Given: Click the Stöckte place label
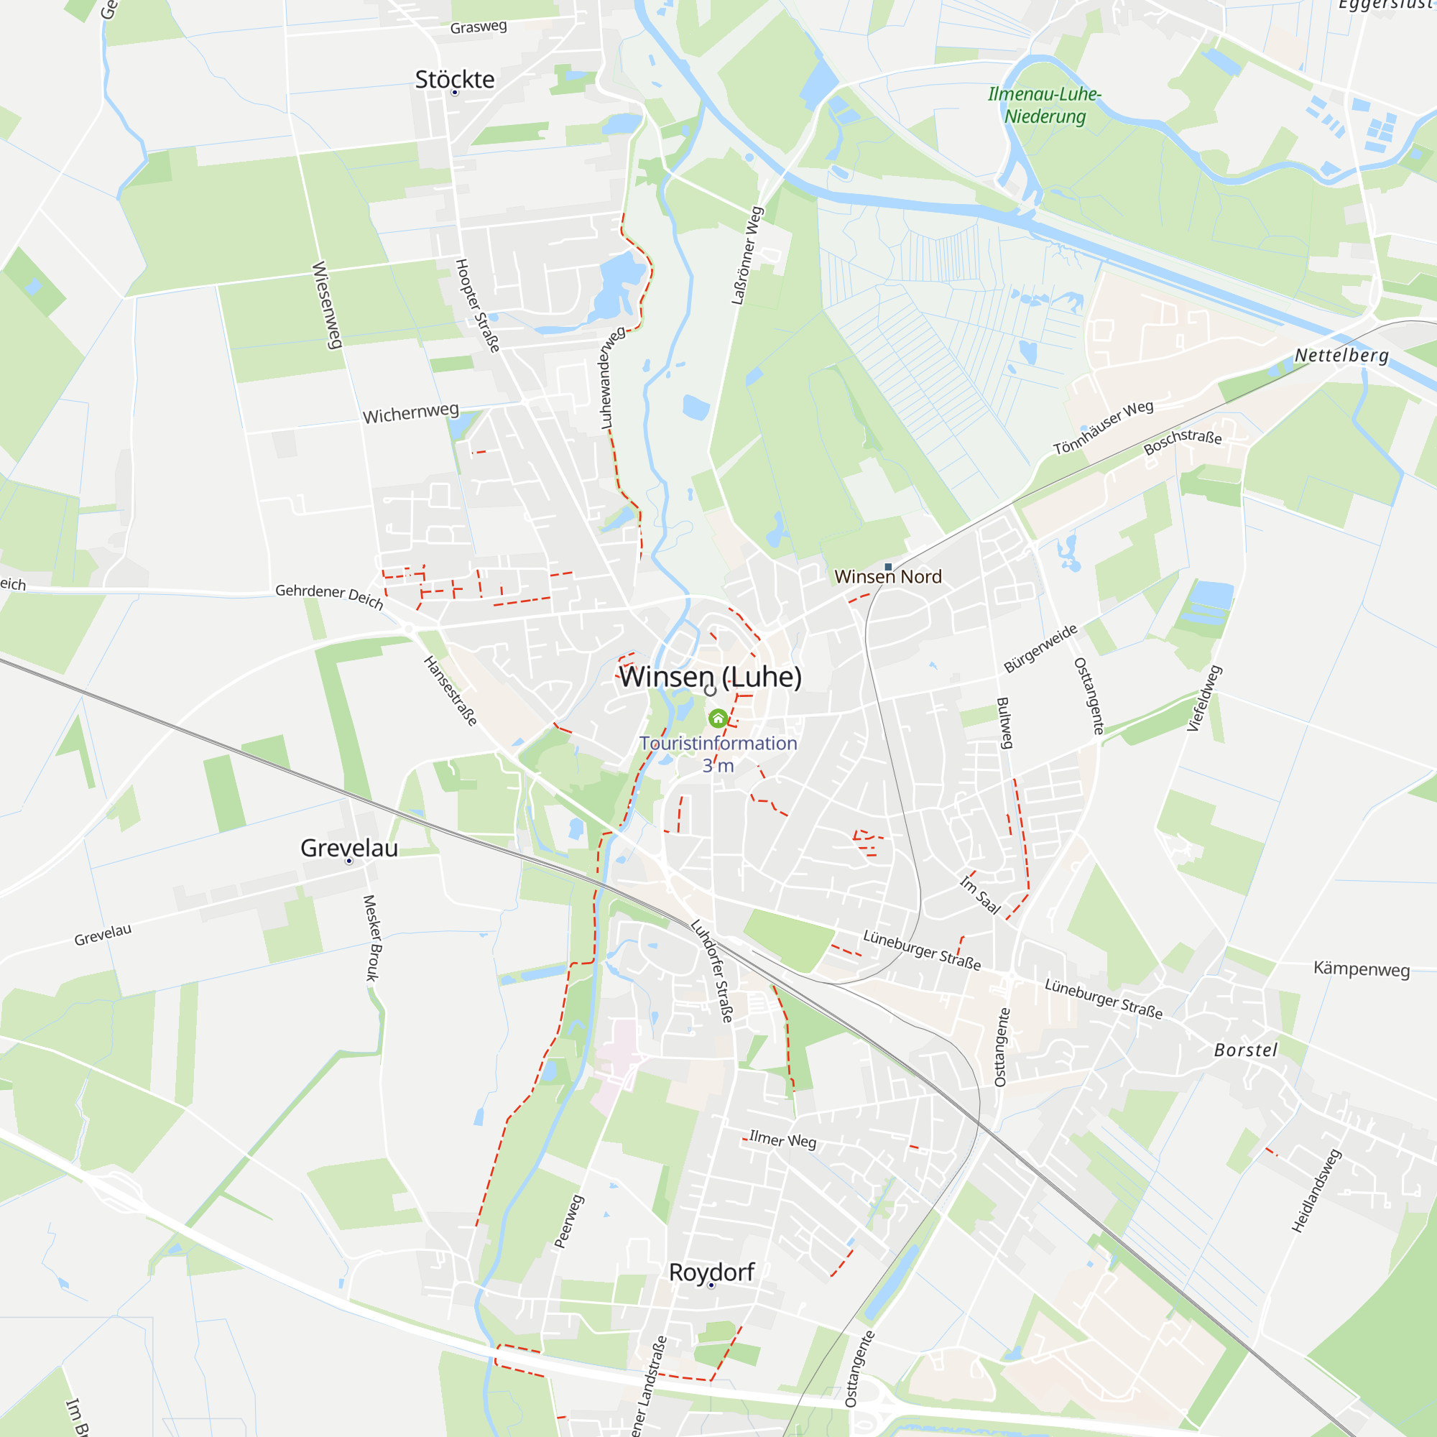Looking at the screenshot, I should click(455, 80).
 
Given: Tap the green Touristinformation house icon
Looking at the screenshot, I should click(718, 718).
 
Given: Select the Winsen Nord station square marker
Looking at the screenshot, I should click(888, 567).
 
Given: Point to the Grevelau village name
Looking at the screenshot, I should click(349, 848).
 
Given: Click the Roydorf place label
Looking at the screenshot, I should click(712, 1272).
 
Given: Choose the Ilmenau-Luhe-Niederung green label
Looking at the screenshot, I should click(1044, 105).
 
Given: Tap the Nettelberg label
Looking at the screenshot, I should click(1341, 356).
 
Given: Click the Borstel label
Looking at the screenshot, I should click(1246, 1050).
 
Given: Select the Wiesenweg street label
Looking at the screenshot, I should click(327, 304).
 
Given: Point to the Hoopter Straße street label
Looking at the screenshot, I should click(477, 305).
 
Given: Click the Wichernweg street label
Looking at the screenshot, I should click(410, 413).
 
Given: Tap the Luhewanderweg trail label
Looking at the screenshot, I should click(613, 377).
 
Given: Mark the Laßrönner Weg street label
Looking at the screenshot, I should click(747, 256).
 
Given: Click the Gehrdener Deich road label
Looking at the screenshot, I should click(329, 595).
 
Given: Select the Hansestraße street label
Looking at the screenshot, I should click(450, 690).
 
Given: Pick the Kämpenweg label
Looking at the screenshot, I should click(1361, 969).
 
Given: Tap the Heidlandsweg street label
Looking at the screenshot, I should click(1316, 1191).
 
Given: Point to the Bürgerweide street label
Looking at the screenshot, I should click(1040, 649).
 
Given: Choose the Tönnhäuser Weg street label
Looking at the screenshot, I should click(1103, 428).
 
